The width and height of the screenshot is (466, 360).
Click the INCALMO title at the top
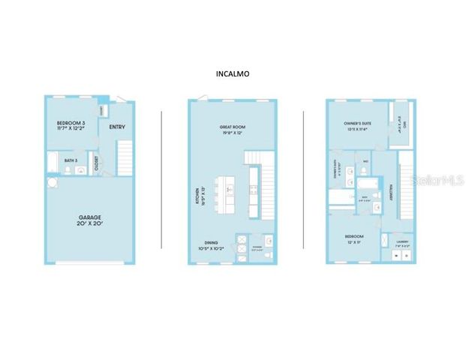pyautogui.click(x=232, y=74)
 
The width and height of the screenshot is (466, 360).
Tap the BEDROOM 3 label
pyautogui.click(x=71, y=126)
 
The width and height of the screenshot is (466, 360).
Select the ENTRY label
pyautogui.click(x=117, y=127)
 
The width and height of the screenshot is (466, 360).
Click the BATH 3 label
pyautogui.click(x=71, y=160)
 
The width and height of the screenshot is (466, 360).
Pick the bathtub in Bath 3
pyautogui.click(x=53, y=161)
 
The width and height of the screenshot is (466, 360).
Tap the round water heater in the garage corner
pyautogui.click(x=52, y=182)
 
